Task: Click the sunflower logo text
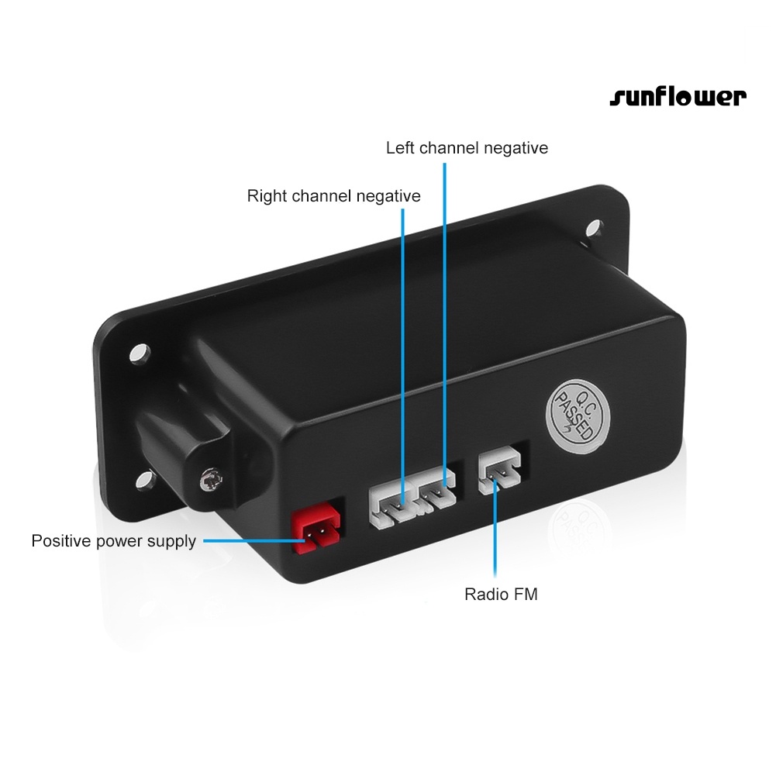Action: pos(678,97)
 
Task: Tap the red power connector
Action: pos(316,532)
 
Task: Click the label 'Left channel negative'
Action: pos(467,147)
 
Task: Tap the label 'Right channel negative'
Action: pos(333,195)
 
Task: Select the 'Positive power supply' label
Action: pos(113,540)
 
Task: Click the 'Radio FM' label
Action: pos(501,595)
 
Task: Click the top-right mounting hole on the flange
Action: pos(594,229)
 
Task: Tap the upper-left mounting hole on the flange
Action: pos(139,353)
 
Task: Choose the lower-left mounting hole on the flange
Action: pos(145,478)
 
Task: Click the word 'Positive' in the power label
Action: pos(60,540)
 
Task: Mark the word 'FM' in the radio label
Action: pos(525,595)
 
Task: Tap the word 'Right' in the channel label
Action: pos(266,195)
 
